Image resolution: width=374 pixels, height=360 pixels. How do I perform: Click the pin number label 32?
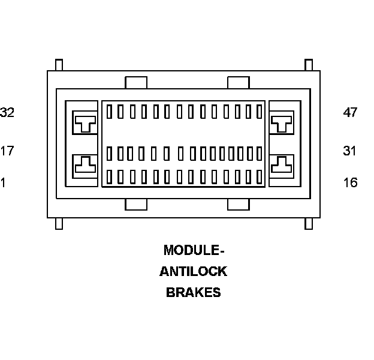pyautogui.click(x=8, y=112)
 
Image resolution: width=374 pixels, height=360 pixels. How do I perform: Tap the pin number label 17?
pyautogui.click(x=7, y=151)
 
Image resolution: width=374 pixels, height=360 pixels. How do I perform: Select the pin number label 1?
pyautogui.click(x=3, y=182)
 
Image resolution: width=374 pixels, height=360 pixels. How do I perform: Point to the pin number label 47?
pyautogui.click(x=350, y=112)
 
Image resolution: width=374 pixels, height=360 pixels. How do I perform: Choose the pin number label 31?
pyautogui.click(x=350, y=151)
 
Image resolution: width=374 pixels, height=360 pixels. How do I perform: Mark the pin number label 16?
pyautogui.click(x=350, y=182)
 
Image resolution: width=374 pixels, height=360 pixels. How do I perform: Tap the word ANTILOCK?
pyautogui.click(x=193, y=271)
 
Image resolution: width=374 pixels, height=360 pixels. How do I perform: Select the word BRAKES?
pyautogui.click(x=193, y=293)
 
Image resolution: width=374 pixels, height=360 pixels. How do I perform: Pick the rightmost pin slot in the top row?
pyautogui.click(x=260, y=112)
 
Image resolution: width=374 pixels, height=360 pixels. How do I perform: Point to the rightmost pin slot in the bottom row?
pyautogui.click(x=260, y=177)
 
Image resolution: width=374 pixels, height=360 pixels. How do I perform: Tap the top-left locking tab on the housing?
pyautogui.click(x=135, y=82)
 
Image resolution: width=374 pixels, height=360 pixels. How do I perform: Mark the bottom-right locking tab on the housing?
pyautogui.click(x=239, y=205)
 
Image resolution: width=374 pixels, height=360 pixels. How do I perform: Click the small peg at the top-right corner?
pyautogui.click(x=309, y=65)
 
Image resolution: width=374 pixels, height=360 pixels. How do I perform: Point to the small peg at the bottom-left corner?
pyautogui.click(x=59, y=223)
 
